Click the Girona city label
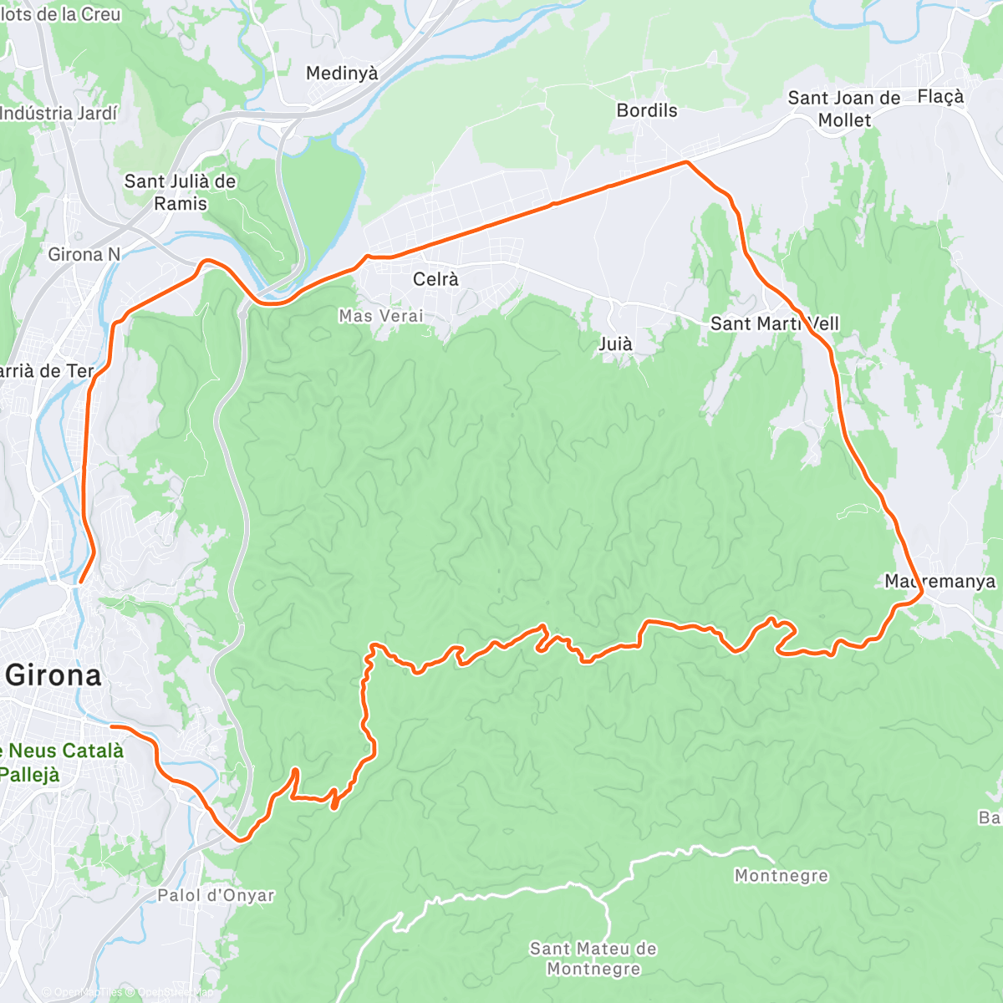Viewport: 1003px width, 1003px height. click(53, 675)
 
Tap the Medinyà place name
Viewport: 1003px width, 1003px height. click(342, 74)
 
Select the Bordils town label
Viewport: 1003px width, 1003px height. click(646, 110)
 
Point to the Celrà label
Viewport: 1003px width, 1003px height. click(435, 279)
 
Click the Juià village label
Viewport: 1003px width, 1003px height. click(615, 344)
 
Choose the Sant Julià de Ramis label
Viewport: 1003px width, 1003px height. click(180, 192)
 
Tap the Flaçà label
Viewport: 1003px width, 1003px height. click(940, 97)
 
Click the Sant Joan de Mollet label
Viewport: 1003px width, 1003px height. click(844, 109)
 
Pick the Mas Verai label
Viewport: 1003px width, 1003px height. click(381, 316)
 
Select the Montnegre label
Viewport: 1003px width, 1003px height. click(782, 876)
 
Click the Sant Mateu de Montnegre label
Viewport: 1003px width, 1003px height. click(593, 959)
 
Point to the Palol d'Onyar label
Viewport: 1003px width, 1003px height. click(216, 895)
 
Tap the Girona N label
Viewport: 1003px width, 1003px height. click(84, 254)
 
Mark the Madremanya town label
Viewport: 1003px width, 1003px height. click(940, 581)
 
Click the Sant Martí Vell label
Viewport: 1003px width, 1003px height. click(774, 323)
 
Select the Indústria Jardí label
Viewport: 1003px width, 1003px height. click(59, 113)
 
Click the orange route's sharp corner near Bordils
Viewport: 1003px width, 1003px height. click(686, 162)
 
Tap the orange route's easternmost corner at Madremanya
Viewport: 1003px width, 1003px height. click(922, 593)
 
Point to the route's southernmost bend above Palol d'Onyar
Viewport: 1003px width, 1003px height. click(240, 839)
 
